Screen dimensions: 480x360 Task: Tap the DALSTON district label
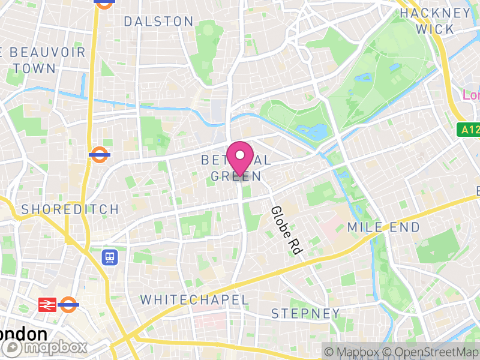(158, 22)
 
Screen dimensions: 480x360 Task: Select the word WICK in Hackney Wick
(435, 29)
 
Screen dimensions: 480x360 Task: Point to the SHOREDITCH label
(70, 209)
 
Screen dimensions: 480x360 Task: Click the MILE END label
(376, 227)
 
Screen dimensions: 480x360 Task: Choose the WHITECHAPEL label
(194, 299)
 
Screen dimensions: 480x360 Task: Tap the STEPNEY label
(305, 313)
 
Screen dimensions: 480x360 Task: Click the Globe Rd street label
(284, 230)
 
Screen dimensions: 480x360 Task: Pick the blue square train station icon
(110, 257)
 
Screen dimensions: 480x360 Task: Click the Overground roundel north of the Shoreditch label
(99, 155)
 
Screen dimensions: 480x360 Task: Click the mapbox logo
(44, 347)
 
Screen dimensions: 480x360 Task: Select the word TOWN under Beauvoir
(34, 68)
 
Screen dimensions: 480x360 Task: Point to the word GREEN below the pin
(236, 176)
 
